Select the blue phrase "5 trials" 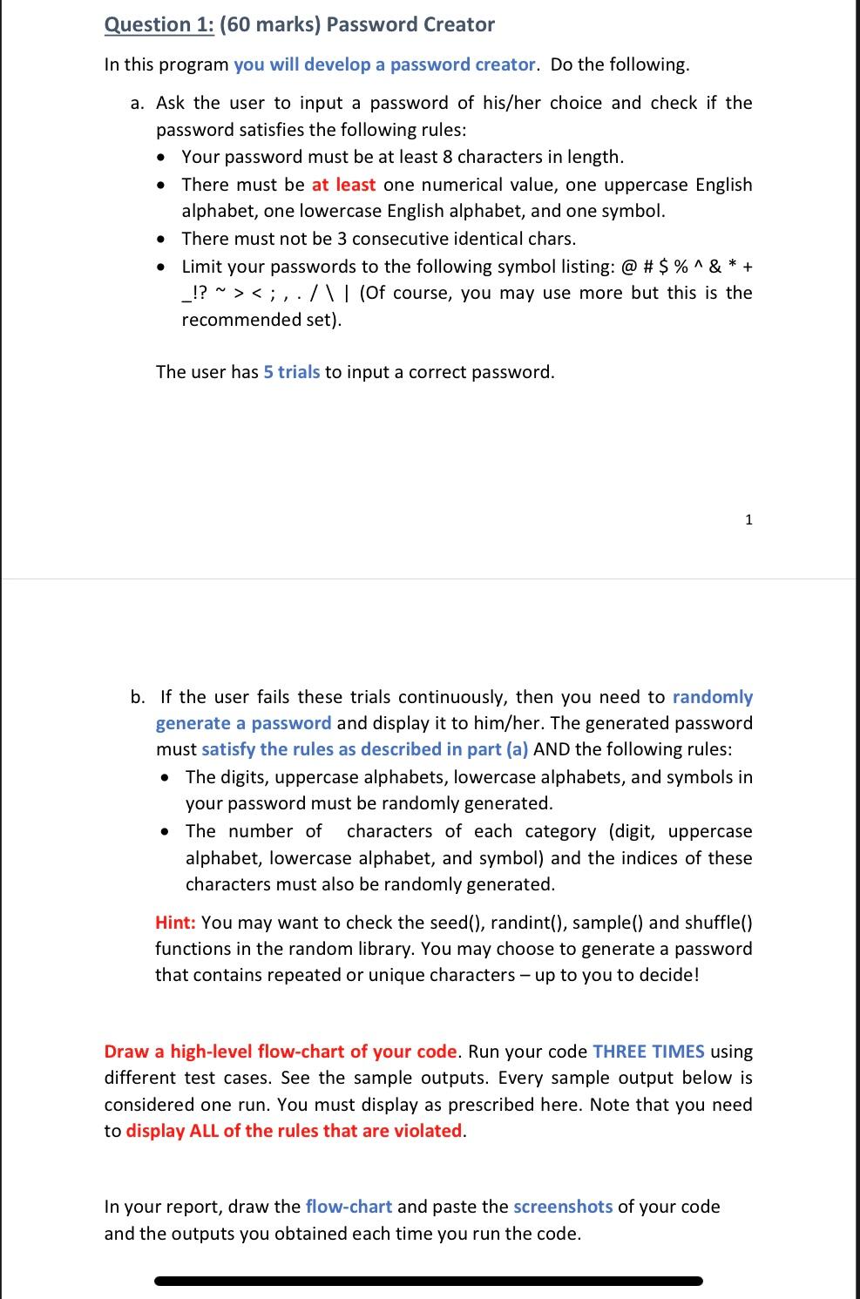click(291, 372)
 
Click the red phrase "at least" click(343, 185)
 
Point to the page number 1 click(748, 520)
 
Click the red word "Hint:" click(175, 923)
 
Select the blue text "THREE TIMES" click(648, 1052)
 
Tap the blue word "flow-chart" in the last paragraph click(349, 1207)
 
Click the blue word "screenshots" click(563, 1207)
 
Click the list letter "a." click(138, 104)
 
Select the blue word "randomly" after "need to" click(713, 697)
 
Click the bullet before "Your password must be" click(160, 158)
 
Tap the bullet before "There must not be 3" click(160, 240)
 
